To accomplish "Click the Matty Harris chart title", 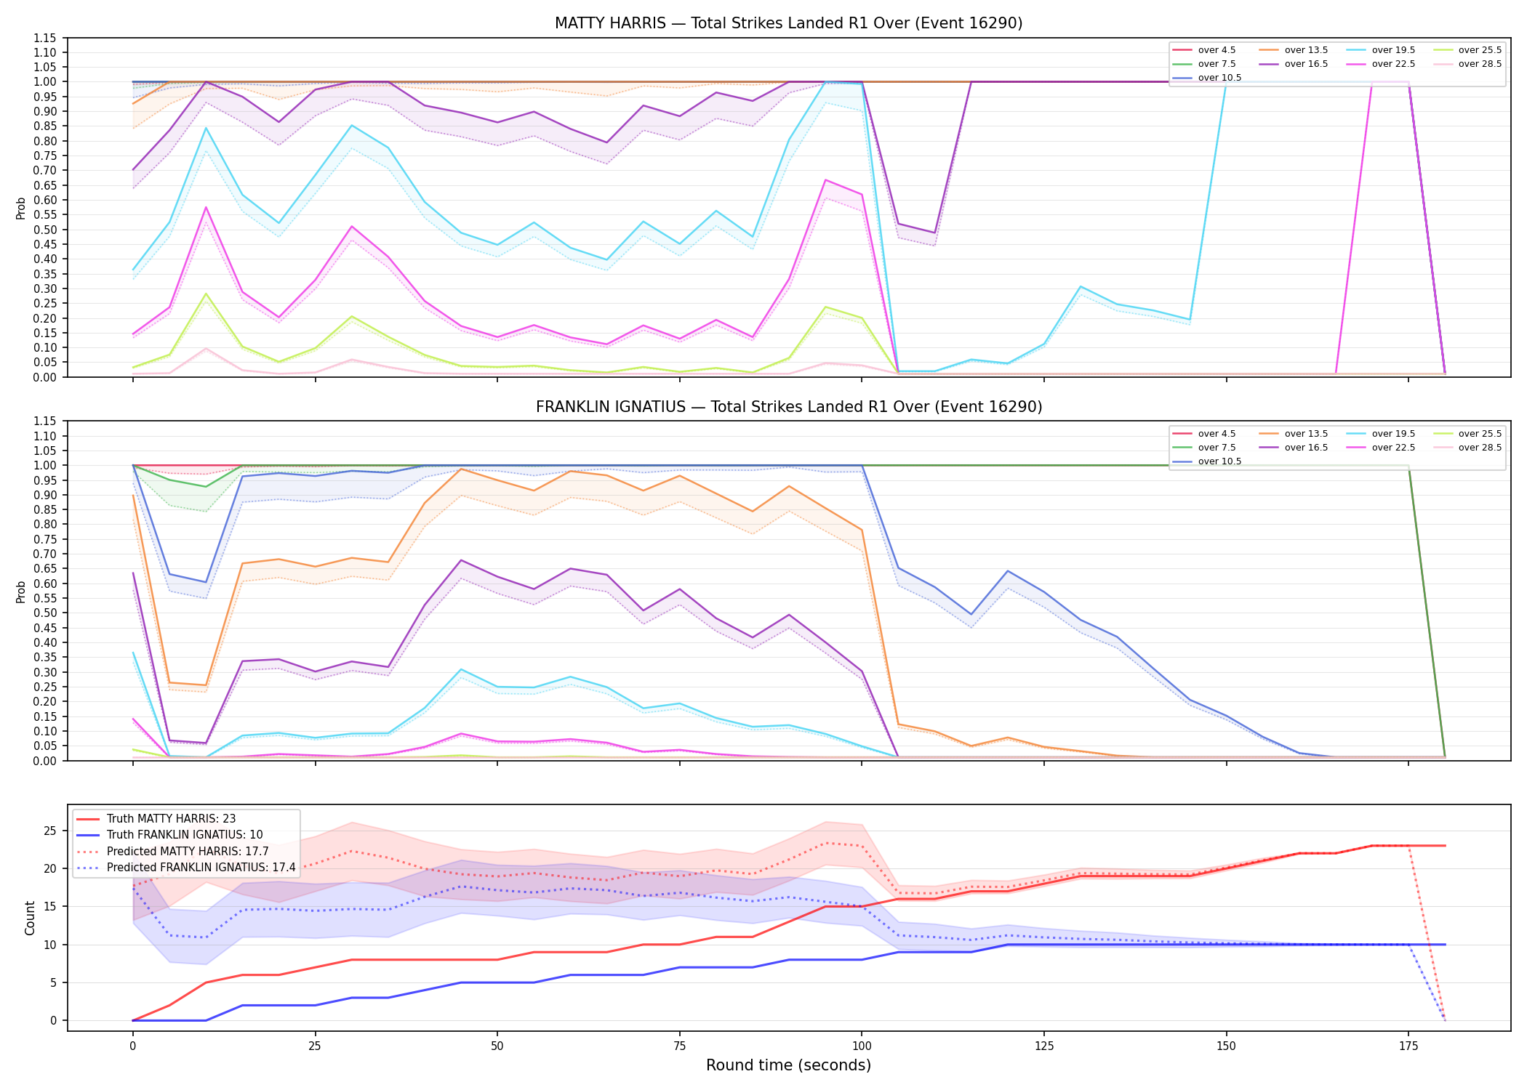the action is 788,23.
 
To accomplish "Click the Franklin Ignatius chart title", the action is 788,407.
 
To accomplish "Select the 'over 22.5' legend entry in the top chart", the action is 1382,64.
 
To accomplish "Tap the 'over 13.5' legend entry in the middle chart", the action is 1294,434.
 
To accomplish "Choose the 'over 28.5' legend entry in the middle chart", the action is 1468,448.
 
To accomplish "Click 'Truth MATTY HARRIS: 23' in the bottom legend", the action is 157,819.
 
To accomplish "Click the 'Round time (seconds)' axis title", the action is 788,1065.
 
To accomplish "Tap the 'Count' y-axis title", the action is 30,918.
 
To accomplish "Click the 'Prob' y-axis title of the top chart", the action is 21,209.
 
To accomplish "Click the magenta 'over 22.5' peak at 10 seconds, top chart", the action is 206,207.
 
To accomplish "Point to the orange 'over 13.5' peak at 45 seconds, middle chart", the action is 461,469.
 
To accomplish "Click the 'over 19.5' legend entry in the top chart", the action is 1382,50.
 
